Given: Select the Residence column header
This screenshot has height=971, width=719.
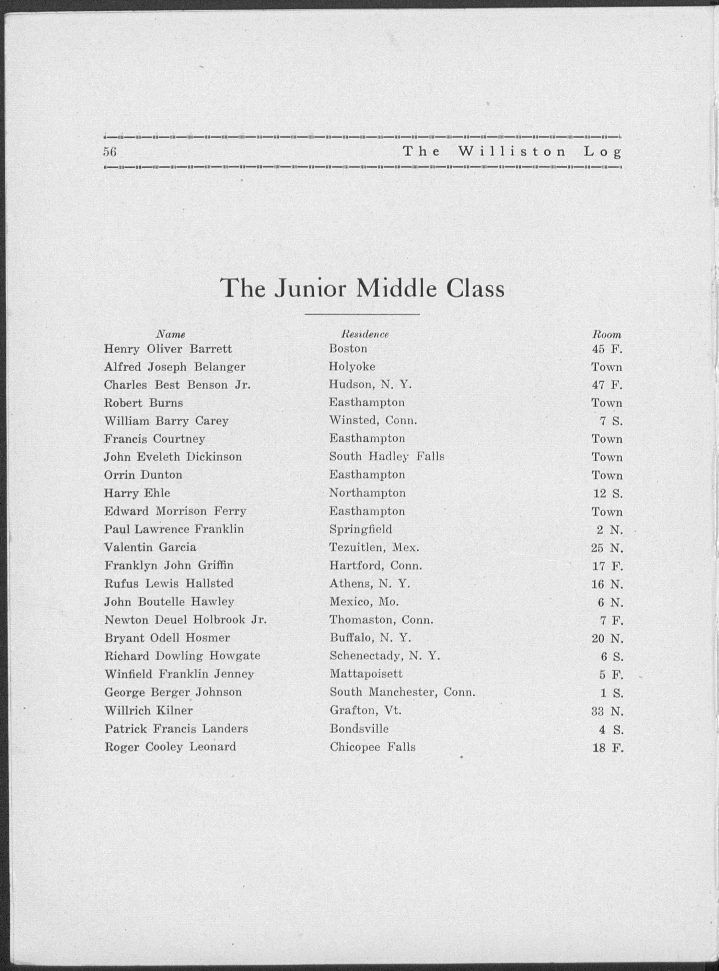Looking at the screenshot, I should pyautogui.click(x=365, y=334).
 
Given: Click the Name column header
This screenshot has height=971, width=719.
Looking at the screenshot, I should pyautogui.click(x=171, y=334).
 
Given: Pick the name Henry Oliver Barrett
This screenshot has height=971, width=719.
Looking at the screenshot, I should pyautogui.click(x=168, y=349).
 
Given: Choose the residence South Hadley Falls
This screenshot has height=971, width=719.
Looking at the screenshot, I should pyautogui.click(x=387, y=457).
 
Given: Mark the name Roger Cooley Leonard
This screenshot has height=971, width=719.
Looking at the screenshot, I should pyautogui.click(x=170, y=747).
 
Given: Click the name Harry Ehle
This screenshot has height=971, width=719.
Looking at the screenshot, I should pyautogui.click(x=137, y=493).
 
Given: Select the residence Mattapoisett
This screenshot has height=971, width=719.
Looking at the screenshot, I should pyautogui.click(x=366, y=674).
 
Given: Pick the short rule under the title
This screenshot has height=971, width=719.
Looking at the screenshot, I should pyautogui.click(x=362, y=314).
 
